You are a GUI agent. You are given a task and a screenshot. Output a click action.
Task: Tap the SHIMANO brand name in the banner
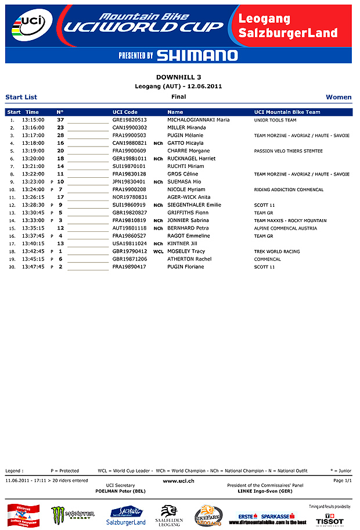tap(197, 56)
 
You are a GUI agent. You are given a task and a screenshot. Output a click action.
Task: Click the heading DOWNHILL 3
tap(179, 77)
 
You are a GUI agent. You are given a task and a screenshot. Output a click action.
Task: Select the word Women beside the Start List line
tap(339, 97)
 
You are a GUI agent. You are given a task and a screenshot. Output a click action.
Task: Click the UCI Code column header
tap(125, 112)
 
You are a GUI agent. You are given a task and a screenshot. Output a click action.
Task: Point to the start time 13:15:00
tap(33, 120)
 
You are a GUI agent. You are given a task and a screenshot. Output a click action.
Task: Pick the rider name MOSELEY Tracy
tap(186, 252)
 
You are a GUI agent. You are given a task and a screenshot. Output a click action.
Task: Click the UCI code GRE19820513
tap(129, 120)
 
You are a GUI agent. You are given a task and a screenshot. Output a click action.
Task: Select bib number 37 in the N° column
tap(60, 120)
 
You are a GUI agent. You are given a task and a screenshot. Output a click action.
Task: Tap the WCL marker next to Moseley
tap(158, 252)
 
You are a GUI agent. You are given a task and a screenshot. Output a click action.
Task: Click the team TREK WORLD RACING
tap(277, 252)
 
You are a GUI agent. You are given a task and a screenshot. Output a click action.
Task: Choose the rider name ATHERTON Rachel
tap(189, 259)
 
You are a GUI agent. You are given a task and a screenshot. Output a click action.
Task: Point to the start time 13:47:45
tap(33, 267)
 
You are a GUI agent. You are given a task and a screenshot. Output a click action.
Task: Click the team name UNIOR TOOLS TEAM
tap(275, 120)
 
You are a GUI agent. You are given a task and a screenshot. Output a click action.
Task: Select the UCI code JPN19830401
tap(129, 182)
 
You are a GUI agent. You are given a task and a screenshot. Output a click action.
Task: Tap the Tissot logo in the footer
tap(329, 518)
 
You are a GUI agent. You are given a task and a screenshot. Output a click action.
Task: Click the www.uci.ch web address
tap(178, 481)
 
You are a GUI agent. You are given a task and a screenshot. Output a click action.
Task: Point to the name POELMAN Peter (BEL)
tap(121, 491)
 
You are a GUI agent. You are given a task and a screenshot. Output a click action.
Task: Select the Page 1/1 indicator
tap(343, 481)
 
